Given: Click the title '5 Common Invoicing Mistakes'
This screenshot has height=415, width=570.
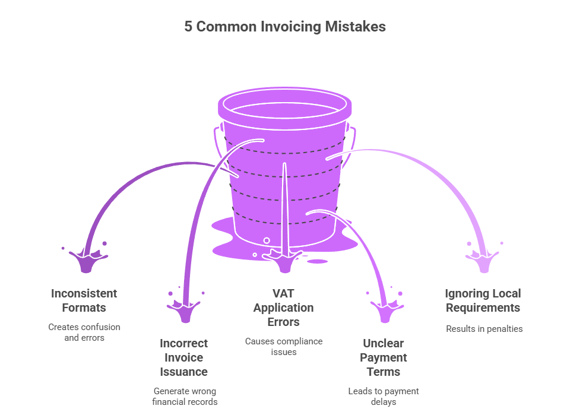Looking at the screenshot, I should click(x=284, y=27).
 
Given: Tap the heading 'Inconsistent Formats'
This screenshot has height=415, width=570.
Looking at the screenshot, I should click(x=84, y=300).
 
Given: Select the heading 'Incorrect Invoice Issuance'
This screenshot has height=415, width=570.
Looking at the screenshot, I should click(x=183, y=357).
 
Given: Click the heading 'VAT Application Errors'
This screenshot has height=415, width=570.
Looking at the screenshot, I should click(x=283, y=308).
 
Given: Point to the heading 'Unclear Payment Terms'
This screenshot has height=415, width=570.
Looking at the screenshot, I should click(x=383, y=357).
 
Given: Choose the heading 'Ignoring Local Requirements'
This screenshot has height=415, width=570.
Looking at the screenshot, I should click(x=483, y=300).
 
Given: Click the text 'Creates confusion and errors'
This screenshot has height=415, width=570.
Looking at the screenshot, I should click(x=84, y=332).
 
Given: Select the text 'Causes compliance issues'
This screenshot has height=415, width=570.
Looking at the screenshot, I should click(x=283, y=347).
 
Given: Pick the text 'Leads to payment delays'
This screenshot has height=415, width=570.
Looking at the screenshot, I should click(x=383, y=397).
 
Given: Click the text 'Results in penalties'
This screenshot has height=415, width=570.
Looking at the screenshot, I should click(x=484, y=329).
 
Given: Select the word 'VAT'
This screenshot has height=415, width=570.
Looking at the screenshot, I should click(x=284, y=293).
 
